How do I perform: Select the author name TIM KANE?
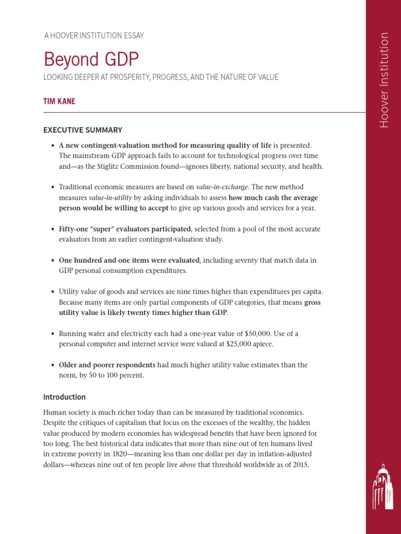point(59,101)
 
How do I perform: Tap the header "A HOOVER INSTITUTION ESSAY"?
point(94,35)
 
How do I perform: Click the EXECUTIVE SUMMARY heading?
point(82,130)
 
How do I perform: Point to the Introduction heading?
point(64,397)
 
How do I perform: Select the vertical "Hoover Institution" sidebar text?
point(384,80)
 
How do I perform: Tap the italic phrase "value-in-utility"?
point(110,198)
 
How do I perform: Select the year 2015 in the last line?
point(300,464)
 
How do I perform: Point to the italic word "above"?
point(187,464)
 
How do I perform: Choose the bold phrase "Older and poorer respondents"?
point(107,365)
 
